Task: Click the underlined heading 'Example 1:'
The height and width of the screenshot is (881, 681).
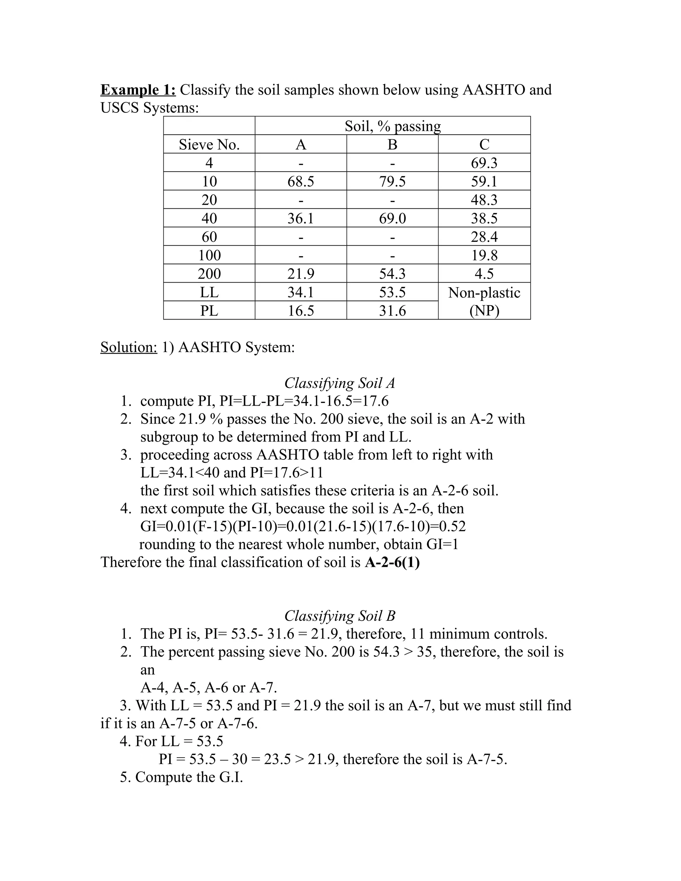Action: tap(138, 89)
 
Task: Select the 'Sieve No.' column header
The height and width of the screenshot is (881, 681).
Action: tap(209, 144)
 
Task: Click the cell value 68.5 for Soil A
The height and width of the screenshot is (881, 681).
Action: tap(301, 182)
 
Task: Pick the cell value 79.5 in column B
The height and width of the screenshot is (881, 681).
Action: tap(392, 182)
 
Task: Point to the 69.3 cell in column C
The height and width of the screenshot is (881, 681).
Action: tap(484, 163)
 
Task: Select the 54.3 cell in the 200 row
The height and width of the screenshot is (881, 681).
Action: tap(392, 274)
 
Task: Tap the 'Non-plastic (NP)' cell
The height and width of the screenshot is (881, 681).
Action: tap(484, 301)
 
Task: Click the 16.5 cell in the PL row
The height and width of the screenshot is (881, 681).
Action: tap(301, 311)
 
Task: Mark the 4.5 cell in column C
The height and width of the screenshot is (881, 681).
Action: tap(484, 274)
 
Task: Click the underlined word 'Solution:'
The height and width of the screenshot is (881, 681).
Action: tap(129, 347)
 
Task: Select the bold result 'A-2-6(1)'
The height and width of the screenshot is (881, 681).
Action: tap(392, 562)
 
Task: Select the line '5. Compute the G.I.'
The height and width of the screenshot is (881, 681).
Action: tap(182, 777)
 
